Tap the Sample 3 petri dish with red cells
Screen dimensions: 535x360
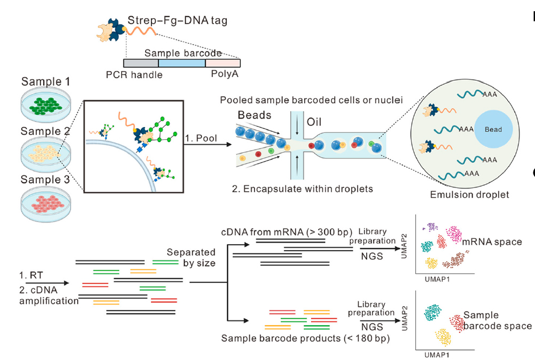tap(46, 204)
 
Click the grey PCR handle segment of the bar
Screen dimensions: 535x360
tap(141, 63)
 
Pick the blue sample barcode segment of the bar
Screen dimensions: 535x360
tap(182, 63)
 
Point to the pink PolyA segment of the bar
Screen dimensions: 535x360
tap(223, 63)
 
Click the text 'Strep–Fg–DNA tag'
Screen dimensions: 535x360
tap(177, 20)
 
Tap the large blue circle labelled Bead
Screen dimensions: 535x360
tap(493, 129)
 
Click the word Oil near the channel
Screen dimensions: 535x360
tap(314, 122)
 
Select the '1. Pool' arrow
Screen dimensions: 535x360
tap(208, 144)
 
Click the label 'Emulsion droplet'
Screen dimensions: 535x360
tap(469, 194)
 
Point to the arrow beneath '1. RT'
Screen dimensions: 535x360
tap(47, 283)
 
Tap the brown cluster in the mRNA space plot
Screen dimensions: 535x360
tap(455, 260)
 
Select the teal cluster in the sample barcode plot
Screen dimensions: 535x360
tap(433, 312)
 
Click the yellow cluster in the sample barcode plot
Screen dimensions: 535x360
tap(443, 337)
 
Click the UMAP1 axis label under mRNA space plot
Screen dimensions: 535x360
tap(437, 279)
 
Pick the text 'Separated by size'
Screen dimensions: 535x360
tap(191, 257)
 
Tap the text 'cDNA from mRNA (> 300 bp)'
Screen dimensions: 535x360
tap(287, 232)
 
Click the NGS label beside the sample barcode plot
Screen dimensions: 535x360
tap(372, 327)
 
